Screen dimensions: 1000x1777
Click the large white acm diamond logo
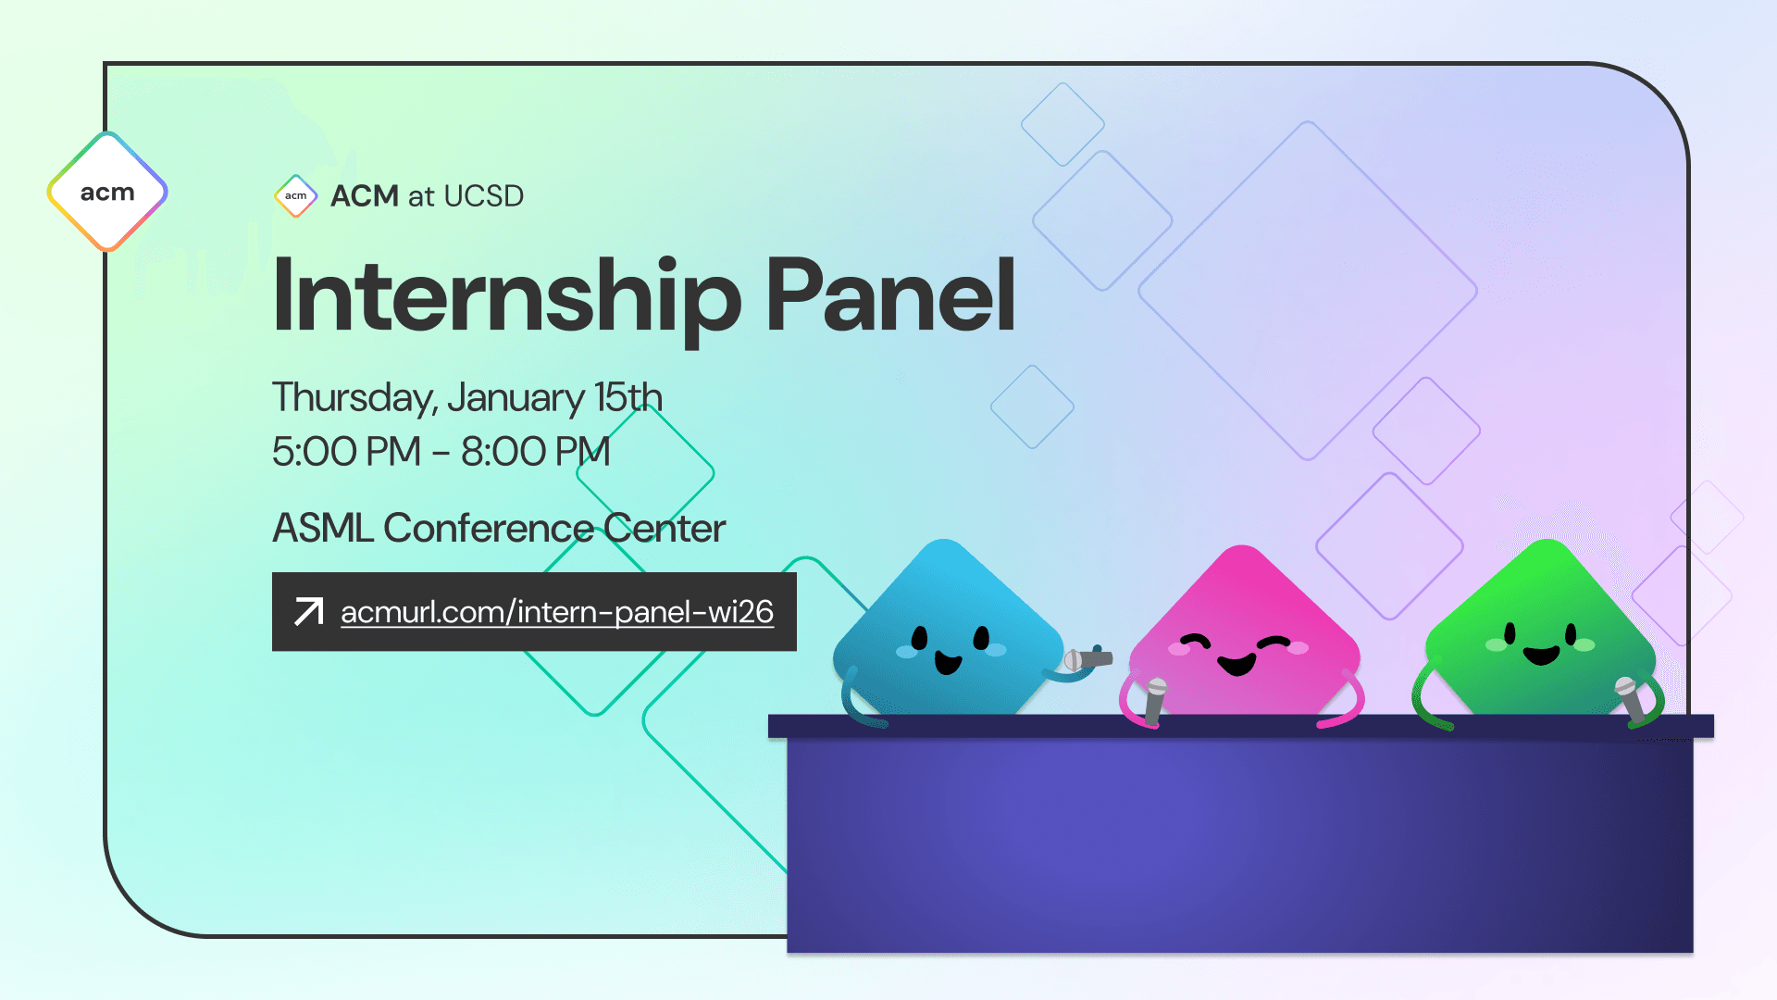107,192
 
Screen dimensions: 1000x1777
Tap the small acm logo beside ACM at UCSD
296,196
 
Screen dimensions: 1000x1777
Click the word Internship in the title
505,296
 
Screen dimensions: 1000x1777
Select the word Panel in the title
890,296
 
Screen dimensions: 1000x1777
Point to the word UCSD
483,196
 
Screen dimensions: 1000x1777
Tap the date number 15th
628,398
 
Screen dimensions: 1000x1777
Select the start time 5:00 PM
346,452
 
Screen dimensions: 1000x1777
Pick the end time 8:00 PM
535,452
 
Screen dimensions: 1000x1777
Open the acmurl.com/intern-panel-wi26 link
556,612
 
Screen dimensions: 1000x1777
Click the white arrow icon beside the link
308,612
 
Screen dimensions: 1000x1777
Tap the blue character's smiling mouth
948,662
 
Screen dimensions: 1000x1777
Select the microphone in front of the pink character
1155,701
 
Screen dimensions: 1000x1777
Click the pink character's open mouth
1236,664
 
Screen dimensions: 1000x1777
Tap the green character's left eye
1510,634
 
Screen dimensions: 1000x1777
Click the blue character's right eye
981,637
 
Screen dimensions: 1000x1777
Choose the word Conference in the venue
488,529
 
